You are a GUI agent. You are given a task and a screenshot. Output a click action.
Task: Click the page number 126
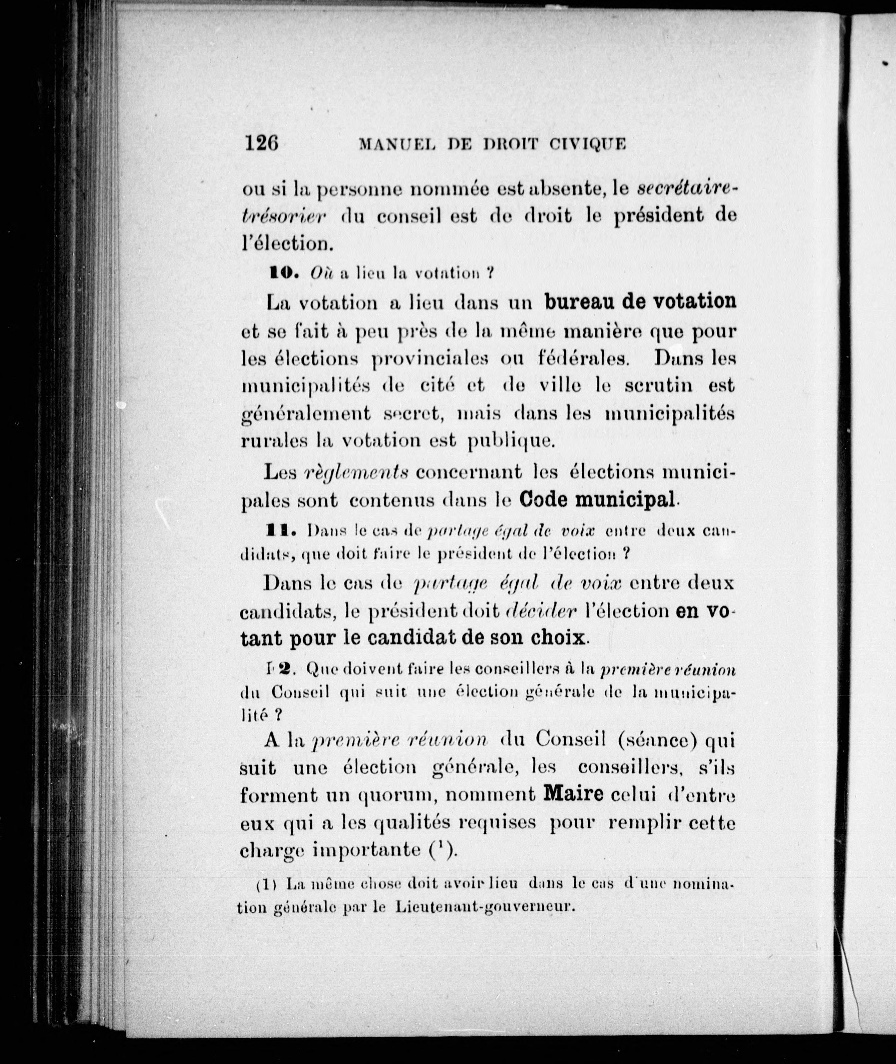click(261, 143)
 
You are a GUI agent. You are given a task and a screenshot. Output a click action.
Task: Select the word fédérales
click(583, 359)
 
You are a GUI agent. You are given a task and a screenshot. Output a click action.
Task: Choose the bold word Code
click(545, 500)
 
